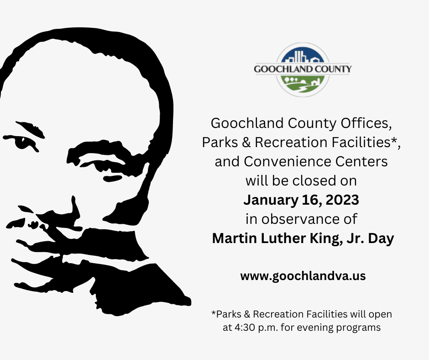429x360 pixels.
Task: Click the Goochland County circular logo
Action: click(303, 70)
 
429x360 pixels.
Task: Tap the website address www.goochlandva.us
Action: click(303, 276)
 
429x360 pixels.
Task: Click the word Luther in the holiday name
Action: click(275, 238)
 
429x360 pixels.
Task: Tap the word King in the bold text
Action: click(314, 238)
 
